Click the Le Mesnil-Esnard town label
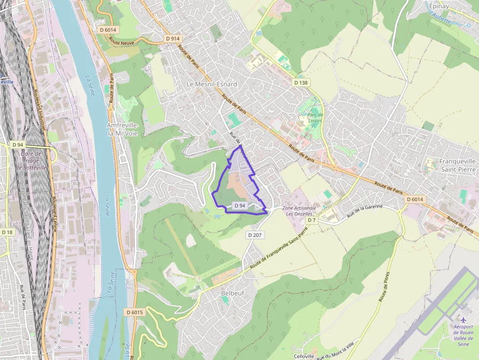pos(212,84)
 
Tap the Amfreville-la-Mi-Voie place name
pos(123,129)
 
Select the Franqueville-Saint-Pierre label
pos(458,165)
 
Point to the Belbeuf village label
pos(232,293)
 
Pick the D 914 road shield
pos(173,39)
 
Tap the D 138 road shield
pos(302,83)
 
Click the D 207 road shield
pos(255,235)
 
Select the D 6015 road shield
pos(134,312)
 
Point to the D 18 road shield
pos(7,233)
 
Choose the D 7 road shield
pos(311,220)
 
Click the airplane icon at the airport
pos(462,319)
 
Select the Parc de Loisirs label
pos(316,118)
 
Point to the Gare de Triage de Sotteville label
pos(31,160)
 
